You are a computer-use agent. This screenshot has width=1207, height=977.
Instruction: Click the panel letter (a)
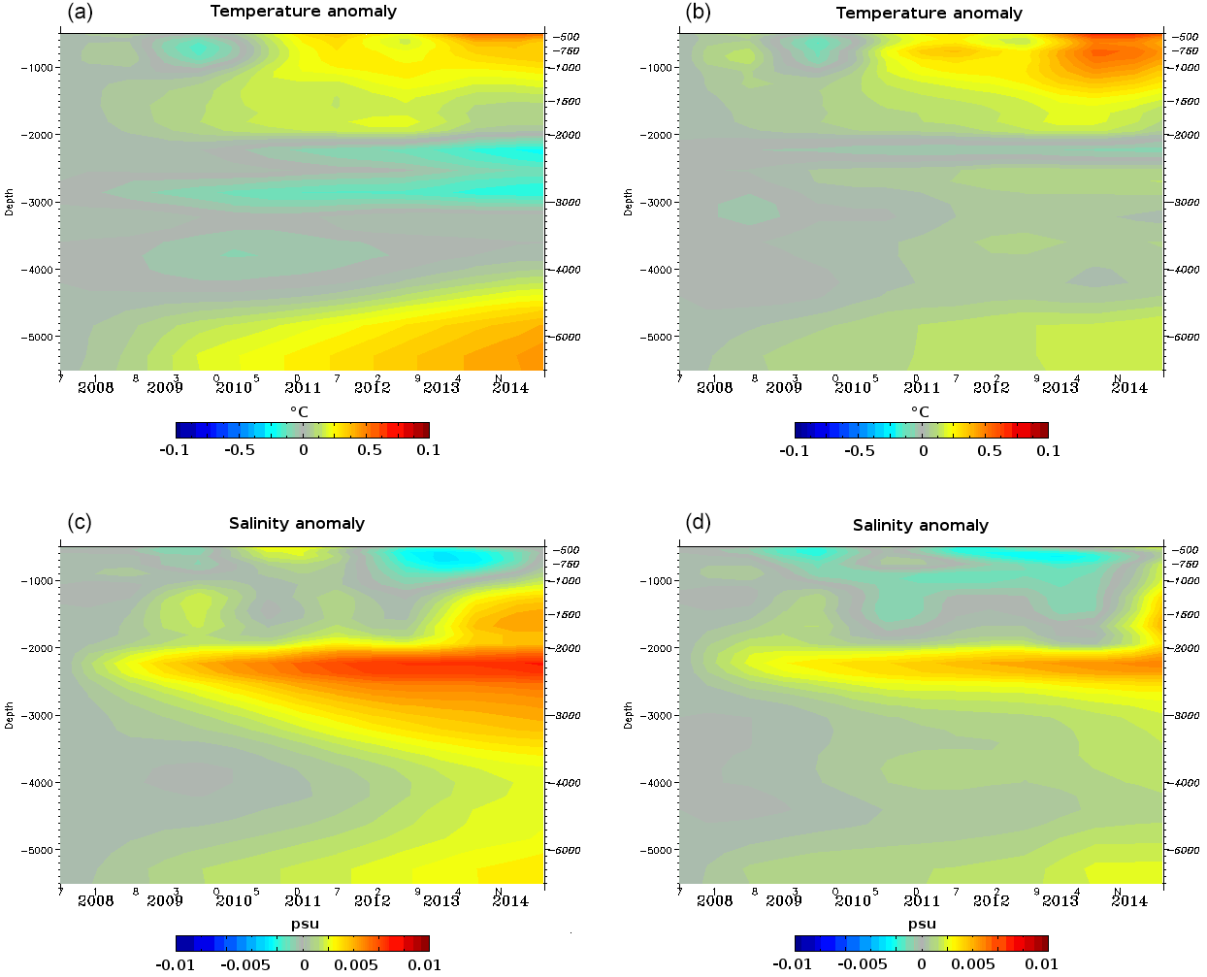(80, 12)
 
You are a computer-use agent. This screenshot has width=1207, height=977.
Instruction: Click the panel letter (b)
(698, 12)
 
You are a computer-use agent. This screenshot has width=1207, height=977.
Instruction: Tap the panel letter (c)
(80, 522)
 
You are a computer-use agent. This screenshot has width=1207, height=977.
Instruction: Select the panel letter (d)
(698, 522)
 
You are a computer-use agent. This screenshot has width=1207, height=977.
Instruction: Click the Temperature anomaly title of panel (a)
(303, 12)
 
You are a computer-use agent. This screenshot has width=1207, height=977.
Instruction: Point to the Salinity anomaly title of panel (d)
(920, 525)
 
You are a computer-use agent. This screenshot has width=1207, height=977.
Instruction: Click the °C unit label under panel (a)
(299, 411)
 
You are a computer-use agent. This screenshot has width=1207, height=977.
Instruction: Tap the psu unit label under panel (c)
(305, 924)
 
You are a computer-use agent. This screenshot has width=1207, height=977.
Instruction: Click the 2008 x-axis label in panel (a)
(96, 387)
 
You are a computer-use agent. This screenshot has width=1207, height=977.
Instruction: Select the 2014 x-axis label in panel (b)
(1129, 387)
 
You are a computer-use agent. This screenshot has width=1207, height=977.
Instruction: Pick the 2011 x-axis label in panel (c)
(303, 900)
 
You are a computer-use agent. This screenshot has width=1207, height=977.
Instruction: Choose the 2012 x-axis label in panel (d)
(991, 900)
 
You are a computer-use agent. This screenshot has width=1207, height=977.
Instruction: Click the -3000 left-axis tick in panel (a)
(37, 202)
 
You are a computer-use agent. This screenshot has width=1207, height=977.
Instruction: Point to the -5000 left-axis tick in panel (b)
(656, 337)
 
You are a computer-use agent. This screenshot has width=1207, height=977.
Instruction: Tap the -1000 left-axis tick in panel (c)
(37, 580)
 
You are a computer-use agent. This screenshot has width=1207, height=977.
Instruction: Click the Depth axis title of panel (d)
(629, 715)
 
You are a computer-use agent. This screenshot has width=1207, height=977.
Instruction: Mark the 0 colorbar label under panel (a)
(304, 450)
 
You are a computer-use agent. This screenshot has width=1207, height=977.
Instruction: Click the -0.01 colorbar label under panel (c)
(176, 964)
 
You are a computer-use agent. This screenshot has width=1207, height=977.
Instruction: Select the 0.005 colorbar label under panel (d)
(973, 964)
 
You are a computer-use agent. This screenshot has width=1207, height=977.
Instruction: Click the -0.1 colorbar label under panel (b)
(794, 451)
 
